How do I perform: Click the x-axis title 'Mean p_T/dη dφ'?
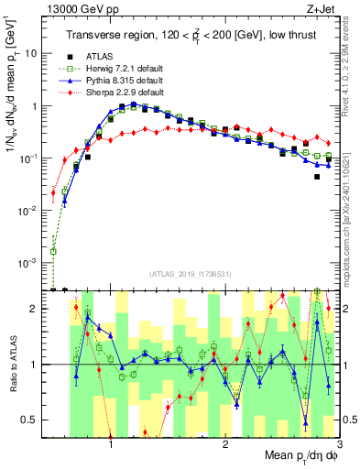point(293,457)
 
